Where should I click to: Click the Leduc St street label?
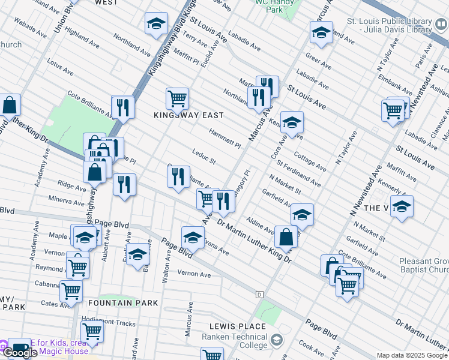pos(204,157)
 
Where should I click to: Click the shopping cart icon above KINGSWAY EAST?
pos(177,98)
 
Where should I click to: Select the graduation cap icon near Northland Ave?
pos(156,24)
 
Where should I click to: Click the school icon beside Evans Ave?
pos(193,236)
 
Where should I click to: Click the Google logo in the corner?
pos(19,352)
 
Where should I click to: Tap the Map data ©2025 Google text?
pos(412,355)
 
